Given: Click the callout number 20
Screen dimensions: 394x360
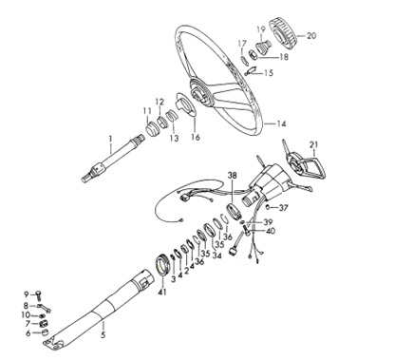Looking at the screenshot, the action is [x=311, y=35].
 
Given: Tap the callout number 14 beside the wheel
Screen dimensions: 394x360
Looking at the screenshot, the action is [x=281, y=123].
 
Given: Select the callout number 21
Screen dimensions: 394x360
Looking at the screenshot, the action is [x=313, y=144].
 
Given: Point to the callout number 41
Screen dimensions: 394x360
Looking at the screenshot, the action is [x=162, y=292].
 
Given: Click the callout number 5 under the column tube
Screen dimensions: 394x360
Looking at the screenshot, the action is [x=103, y=335].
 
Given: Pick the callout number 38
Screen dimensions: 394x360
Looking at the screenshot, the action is [x=234, y=175].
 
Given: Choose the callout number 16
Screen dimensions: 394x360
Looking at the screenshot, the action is [x=196, y=137].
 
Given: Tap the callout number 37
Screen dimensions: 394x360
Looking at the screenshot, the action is [x=284, y=208].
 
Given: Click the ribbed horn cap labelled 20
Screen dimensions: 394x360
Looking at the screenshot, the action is [x=283, y=33].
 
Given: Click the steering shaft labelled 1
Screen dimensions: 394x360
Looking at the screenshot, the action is [x=113, y=158].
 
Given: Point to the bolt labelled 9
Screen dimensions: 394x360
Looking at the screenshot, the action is [x=39, y=295].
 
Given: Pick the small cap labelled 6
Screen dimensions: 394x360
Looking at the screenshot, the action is [x=45, y=332].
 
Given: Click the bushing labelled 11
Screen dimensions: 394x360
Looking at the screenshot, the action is [x=152, y=130].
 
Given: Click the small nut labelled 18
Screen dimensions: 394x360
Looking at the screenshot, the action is [x=254, y=55].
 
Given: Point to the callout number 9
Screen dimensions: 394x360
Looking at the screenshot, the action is [x=27, y=294].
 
